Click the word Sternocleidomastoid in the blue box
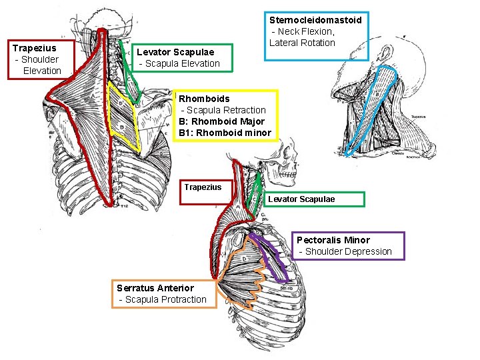[x=315, y=20]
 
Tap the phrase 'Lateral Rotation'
[x=302, y=43]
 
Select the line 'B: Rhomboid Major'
[x=221, y=121]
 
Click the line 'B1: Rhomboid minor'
[x=225, y=133]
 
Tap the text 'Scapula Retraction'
[x=225, y=110]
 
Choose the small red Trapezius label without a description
[x=203, y=187]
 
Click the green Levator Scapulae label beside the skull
[x=301, y=199]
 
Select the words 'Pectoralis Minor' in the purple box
[x=333, y=240]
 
